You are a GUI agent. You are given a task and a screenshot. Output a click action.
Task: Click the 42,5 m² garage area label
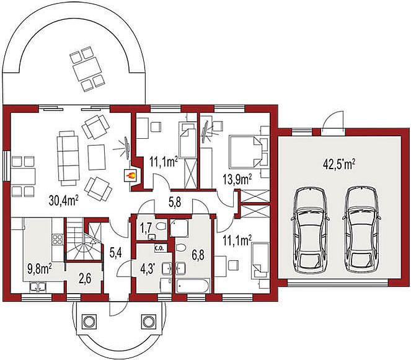pos(339,164)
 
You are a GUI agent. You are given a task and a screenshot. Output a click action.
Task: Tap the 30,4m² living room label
pos(64,201)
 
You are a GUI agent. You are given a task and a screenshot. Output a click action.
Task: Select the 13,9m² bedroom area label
pos(237,180)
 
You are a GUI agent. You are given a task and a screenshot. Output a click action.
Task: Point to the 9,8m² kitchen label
pos(40,268)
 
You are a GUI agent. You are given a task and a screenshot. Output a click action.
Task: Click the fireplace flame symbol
pos(130,175)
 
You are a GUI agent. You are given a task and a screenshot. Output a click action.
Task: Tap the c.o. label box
pos(159,248)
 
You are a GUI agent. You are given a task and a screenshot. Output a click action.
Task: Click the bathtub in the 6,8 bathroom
pos(193,286)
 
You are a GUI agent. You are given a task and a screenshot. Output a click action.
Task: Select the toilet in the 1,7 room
pos(160,226)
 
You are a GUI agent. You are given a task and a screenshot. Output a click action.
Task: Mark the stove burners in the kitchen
pos(58,239)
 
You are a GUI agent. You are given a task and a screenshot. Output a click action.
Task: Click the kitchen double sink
pos(38,287)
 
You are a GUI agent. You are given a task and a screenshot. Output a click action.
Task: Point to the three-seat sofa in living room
pos(68,158)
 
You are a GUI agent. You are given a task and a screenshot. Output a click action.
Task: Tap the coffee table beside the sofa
pos(97,157)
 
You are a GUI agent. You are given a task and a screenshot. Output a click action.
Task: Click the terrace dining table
pos(87,69)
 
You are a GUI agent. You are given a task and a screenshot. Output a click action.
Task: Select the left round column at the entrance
pos(89,320)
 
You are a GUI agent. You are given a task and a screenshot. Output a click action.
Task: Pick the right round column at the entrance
pos(149,320)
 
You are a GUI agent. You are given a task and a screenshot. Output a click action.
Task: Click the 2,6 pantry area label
pos(85,279)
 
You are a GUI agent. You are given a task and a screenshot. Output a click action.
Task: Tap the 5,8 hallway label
pos(174,202)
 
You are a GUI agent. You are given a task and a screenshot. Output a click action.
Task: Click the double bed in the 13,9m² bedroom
pos(245,152)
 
